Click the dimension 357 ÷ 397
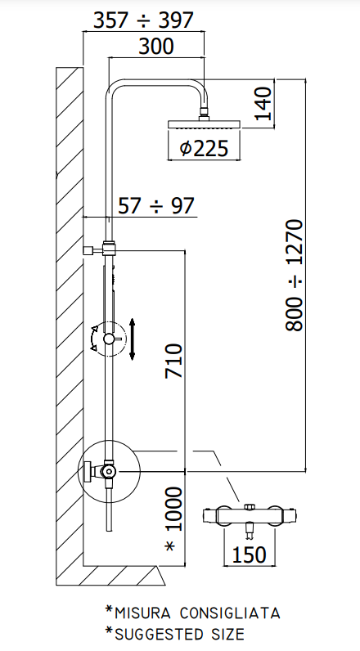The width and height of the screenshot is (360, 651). coord(143,20)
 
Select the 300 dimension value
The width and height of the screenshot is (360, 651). coord(155,47)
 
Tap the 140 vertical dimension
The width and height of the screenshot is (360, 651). coord(263,103)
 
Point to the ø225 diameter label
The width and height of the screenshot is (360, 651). coord(204,148)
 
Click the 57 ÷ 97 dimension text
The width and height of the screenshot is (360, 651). coord(156,205)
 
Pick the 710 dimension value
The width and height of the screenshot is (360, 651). coord(173,361)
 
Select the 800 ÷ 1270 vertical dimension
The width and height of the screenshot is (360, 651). coord(295,276)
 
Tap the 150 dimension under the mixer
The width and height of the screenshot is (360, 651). coord(249,554)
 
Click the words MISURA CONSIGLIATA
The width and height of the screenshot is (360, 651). coord(197,613)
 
